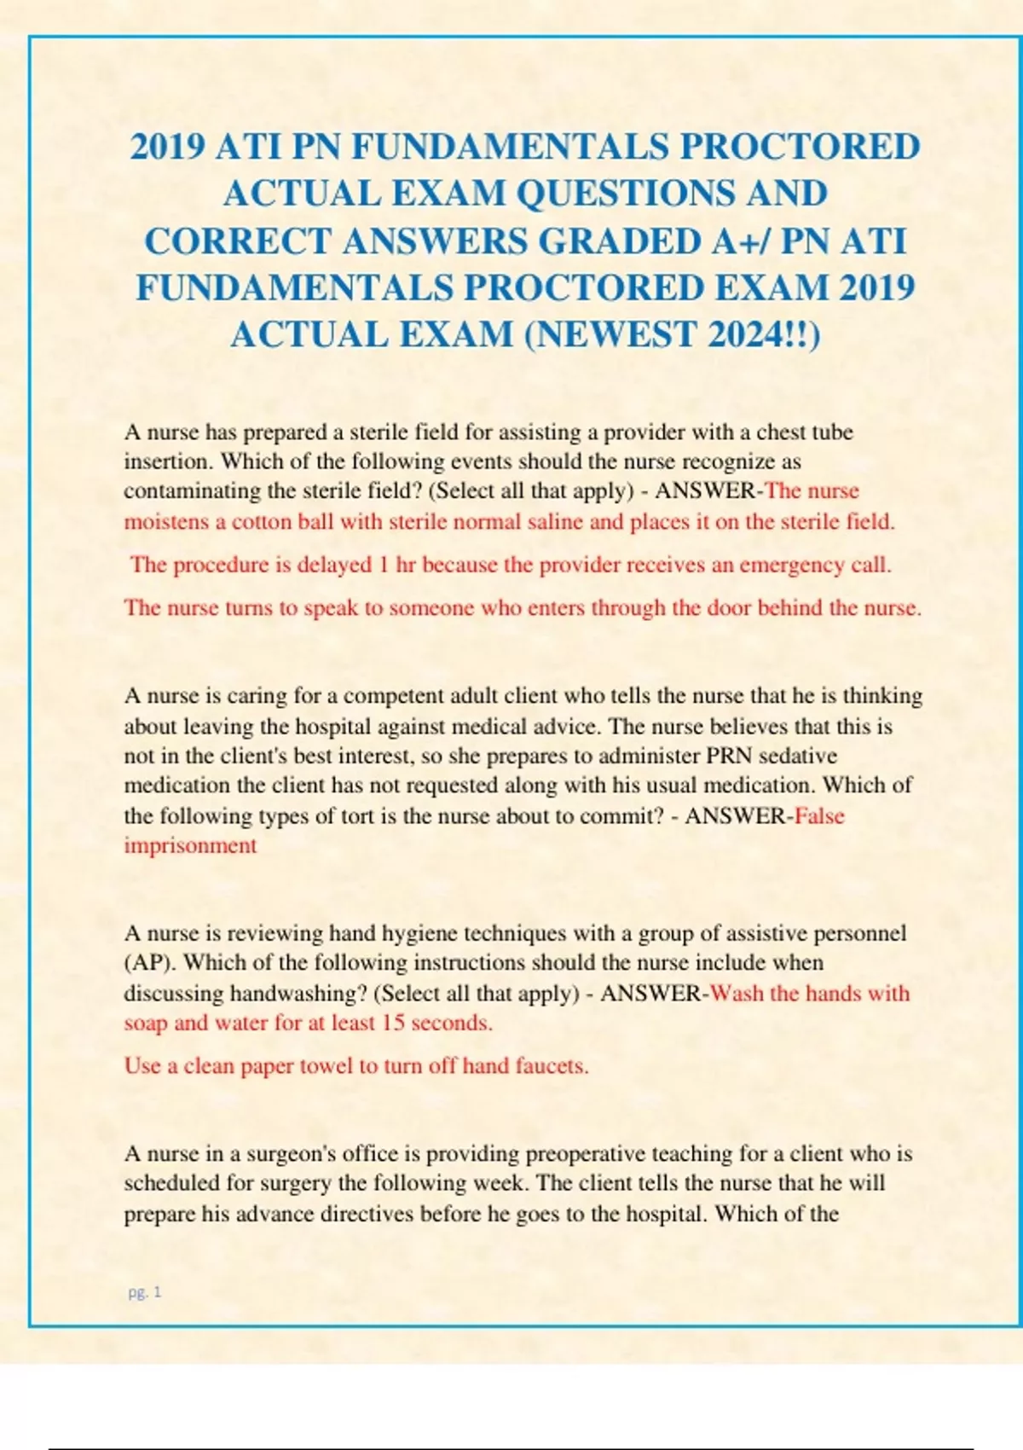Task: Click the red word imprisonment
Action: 190,846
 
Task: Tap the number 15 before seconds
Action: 393,1023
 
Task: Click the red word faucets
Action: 552,1066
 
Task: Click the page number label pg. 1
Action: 145,1292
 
